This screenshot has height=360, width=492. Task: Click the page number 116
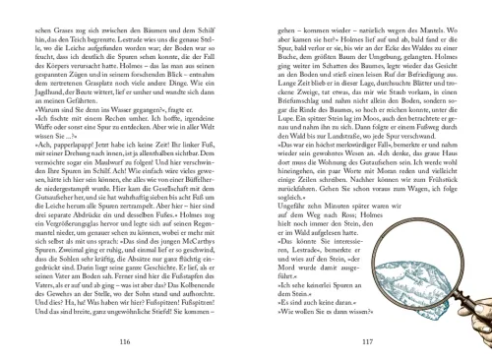point(124,341)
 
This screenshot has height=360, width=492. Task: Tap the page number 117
point(366,341)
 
